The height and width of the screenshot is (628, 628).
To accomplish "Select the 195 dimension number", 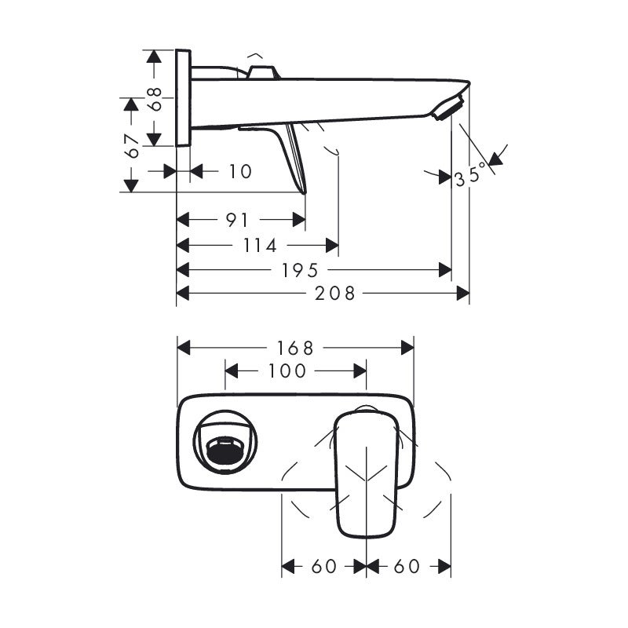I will (301, 270).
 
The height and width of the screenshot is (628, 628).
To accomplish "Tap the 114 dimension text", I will (260, 246).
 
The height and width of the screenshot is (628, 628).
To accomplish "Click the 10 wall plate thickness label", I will (241, 170).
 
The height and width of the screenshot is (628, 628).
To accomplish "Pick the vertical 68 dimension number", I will (156, 98).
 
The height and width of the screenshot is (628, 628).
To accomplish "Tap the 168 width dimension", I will (295, 347).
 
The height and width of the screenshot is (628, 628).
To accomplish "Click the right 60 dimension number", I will (407, 566).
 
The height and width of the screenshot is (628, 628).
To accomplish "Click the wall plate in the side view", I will (183, 98).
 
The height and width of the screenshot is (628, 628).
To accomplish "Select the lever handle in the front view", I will (367, 475).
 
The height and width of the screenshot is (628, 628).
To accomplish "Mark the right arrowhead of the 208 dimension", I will (464, 294).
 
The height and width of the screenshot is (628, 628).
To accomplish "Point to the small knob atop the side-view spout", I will (262, 72).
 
